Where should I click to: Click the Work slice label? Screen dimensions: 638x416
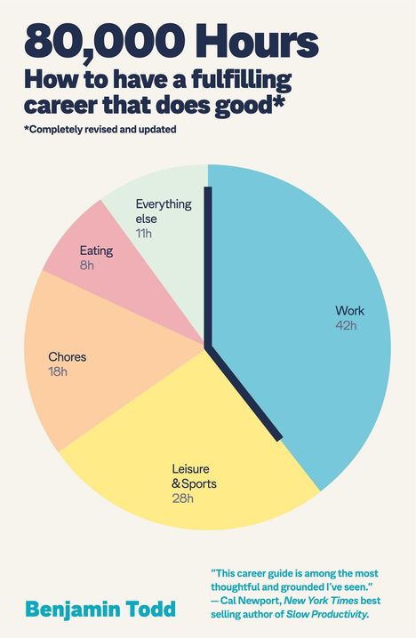[349, 311]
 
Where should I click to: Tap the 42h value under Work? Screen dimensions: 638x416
[345, 326]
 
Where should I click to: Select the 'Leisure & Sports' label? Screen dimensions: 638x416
[194, 476]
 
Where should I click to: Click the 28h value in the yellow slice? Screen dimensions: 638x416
[182, 498]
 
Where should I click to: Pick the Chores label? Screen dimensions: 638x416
[68, 357]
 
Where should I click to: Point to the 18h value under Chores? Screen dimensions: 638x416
[58, 371]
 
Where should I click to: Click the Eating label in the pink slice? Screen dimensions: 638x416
[95, 251]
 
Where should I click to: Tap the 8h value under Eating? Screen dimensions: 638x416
[86, 265]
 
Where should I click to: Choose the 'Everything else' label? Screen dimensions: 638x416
[163, 211]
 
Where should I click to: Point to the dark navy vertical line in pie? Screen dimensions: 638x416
[208, 267]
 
